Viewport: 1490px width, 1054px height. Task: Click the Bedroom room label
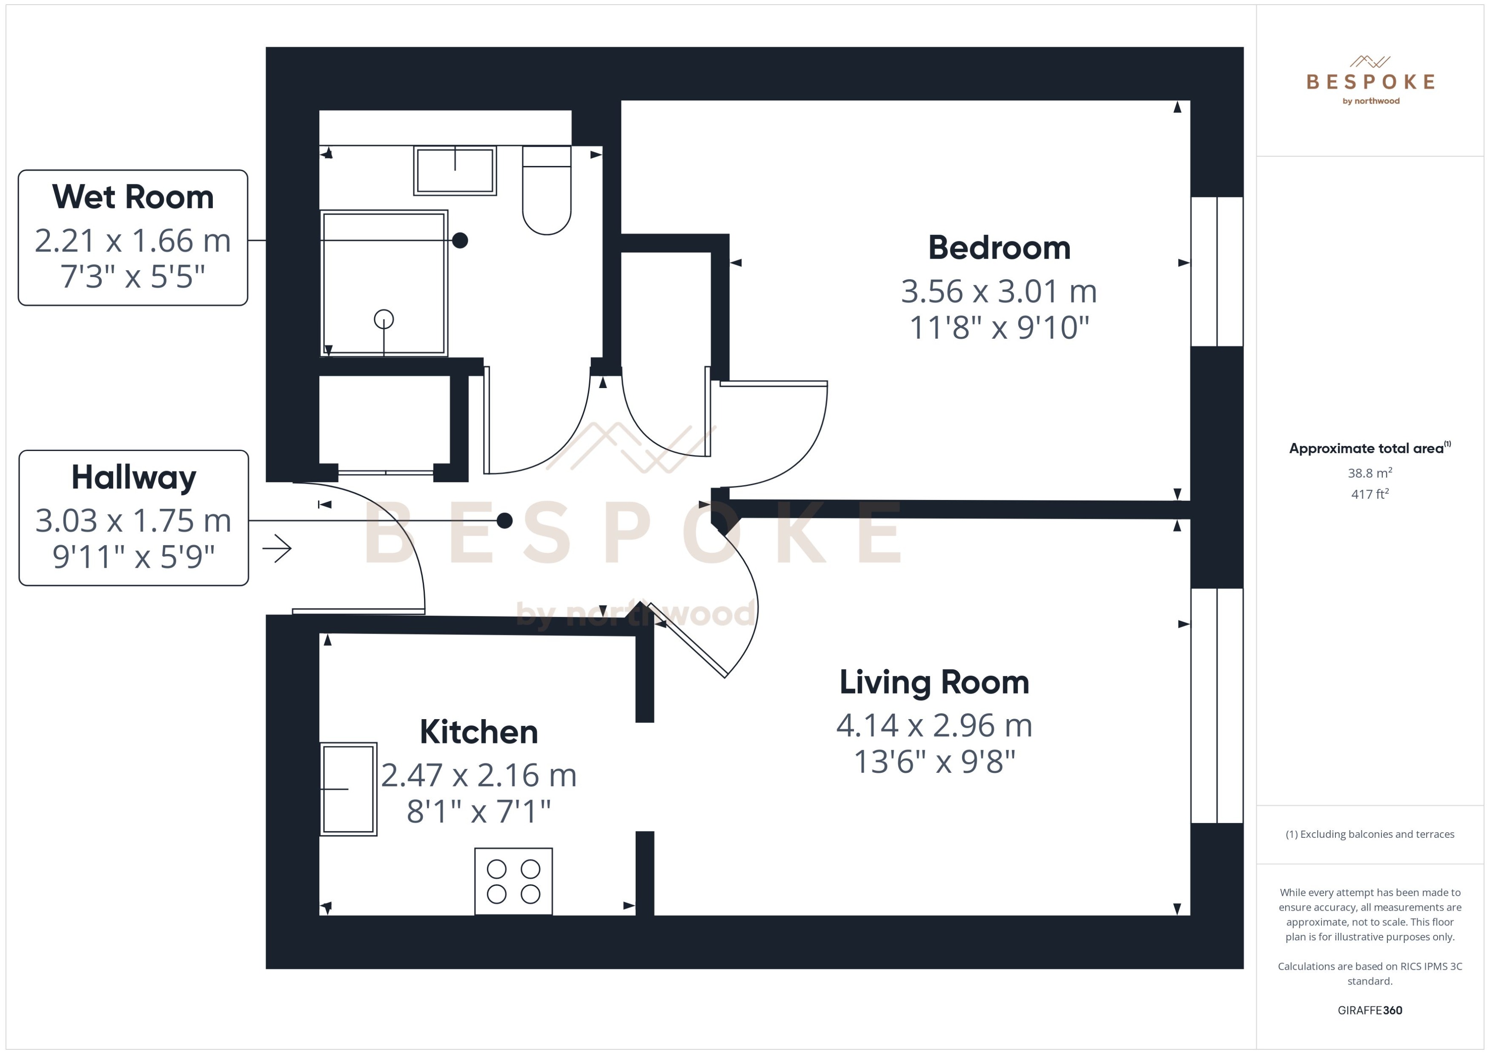pos(999,248)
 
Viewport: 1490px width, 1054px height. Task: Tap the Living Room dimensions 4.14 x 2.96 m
pos(934,726)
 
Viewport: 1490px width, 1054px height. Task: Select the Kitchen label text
pos(479,732)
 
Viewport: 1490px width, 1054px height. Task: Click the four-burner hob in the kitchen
pos(513,881)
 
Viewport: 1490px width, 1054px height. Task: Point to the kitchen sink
pos(348,788)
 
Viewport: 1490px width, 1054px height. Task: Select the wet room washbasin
pos(455,171)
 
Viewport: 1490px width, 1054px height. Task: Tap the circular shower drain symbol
pos(384,319)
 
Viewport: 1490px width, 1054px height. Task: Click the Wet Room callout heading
pos(132,197)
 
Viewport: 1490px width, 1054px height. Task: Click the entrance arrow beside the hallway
pos(277,548)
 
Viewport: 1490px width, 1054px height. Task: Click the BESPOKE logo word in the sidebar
pos(1370,82)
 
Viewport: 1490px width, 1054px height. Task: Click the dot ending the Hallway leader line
pos(504,520)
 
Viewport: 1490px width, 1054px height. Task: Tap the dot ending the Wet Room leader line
pos(460,240)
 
